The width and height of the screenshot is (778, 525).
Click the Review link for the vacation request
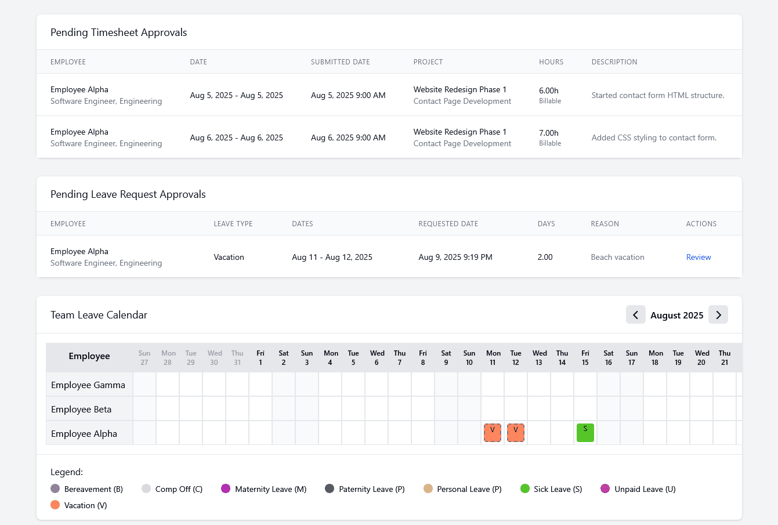698,257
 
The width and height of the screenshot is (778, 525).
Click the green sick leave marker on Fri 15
585,433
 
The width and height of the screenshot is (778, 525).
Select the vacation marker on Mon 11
493,433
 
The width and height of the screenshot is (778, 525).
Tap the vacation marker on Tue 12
515,433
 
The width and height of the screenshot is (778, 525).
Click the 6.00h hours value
548,90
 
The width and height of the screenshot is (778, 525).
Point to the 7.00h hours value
548,133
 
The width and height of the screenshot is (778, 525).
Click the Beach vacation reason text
617,257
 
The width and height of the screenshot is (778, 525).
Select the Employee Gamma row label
88,385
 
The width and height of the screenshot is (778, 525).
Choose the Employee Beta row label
81,409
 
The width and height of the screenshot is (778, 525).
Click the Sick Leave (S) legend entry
551,489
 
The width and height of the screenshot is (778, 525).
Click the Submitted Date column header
340,61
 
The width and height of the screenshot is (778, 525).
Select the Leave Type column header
233,223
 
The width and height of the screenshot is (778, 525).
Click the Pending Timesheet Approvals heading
118,32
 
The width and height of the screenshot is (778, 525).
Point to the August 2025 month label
676,315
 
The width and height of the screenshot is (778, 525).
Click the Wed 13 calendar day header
539,357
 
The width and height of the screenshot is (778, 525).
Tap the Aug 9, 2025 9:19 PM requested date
455,257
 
